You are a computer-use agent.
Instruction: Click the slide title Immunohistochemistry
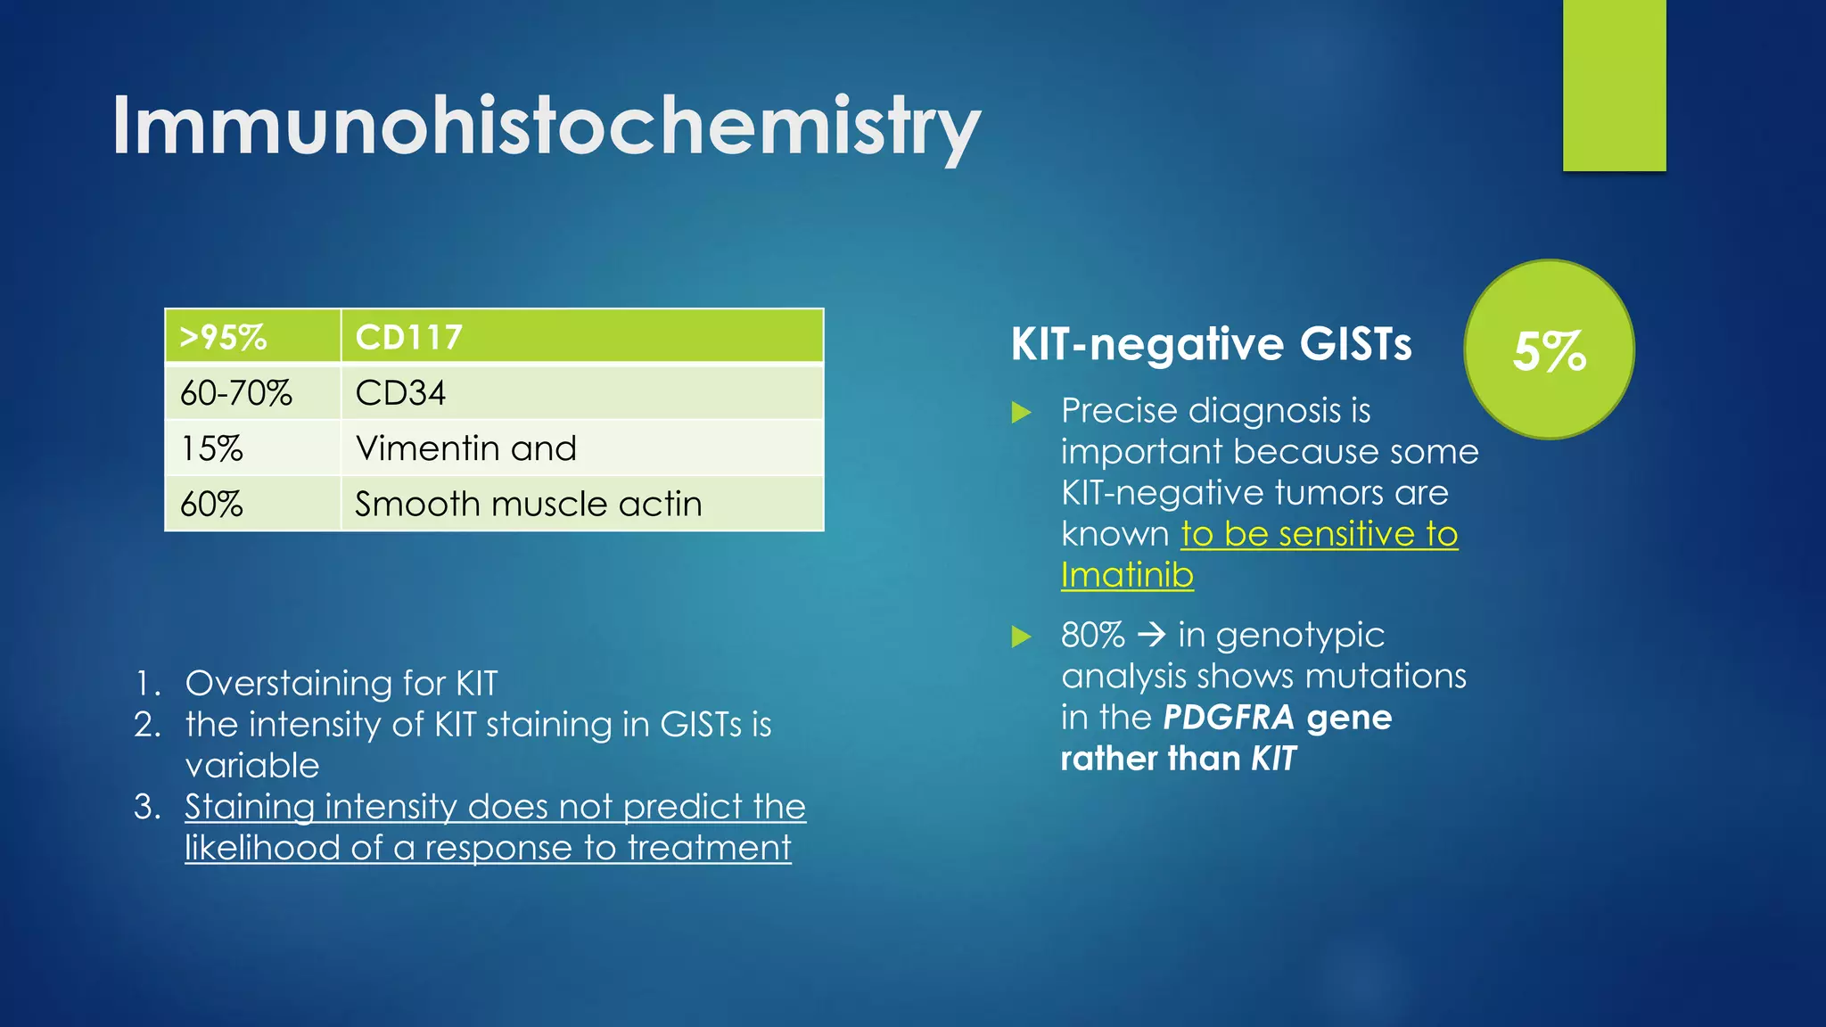click(x=546, y=127)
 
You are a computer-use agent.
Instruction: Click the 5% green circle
click(x=1550, y=349)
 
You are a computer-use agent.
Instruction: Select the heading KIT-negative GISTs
click(x=1211, y=344)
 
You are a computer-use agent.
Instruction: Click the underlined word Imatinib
click(x=1127, y=575)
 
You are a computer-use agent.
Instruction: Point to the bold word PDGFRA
click(x=1228, y=718)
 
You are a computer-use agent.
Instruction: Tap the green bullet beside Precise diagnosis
click(x=1022, y=412)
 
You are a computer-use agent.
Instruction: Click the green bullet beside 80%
click(x=1022, y=637)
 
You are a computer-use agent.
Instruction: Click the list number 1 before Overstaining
click(x=147, y=684)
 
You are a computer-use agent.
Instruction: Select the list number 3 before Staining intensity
click(x=147, y=807)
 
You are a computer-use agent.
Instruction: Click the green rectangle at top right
click(x=1614, y=85)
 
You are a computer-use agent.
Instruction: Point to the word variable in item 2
click(x=252, y=766)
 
